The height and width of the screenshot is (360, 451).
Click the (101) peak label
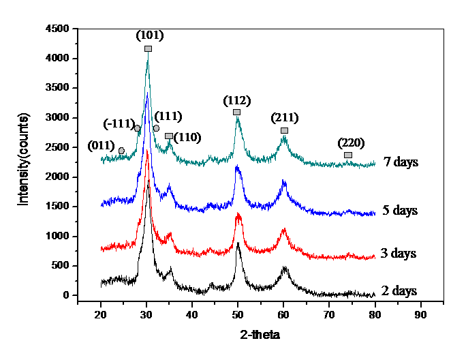[x=150, y=35]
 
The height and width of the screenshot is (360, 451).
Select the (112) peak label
[x=237, y=100]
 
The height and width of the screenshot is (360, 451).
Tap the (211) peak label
[x=284, y=118]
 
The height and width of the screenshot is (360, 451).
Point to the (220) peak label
[x=351, y=143]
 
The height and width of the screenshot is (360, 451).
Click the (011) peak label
[x=102, y=145]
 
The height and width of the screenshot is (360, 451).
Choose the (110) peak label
[x=187, y=137]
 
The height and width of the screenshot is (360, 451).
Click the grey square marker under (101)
[x=148, y=48]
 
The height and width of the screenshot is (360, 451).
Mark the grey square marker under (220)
[x=348, y=155]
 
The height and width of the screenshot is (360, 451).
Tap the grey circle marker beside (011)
[x=121, y=151]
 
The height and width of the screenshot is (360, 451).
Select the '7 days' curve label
[x=401, y=162]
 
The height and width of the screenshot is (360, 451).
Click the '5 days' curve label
[x=400, y=210]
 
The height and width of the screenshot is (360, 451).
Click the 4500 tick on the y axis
[x=58, y=29]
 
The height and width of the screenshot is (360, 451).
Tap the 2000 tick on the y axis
[x=58, y=177]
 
